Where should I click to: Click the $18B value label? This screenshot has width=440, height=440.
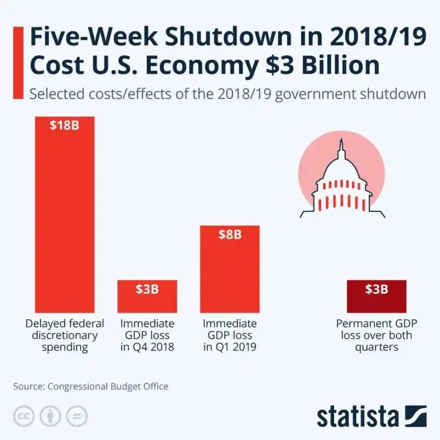coord(64,125)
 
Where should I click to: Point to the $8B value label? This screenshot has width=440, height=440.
coord(230,234)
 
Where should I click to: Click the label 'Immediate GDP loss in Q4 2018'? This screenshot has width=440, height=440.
coord(147,335)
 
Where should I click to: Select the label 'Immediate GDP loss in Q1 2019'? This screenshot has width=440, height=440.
coord(230,335)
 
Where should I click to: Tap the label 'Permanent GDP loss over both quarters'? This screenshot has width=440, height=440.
coord(376,335)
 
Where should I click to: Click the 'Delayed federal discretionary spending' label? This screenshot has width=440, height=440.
coord(64,335)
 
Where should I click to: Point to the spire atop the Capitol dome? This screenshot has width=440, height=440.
coord(341,147)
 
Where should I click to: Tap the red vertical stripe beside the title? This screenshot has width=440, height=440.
coord(18,62)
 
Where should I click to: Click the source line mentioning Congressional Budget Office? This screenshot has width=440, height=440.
coord(91,386)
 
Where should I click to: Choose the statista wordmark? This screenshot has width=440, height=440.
coord(358,416)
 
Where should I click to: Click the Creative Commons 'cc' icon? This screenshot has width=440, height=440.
coord(24,416)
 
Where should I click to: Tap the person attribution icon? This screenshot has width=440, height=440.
coord(50,416)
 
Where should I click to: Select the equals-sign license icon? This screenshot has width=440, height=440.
coord(77,416)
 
